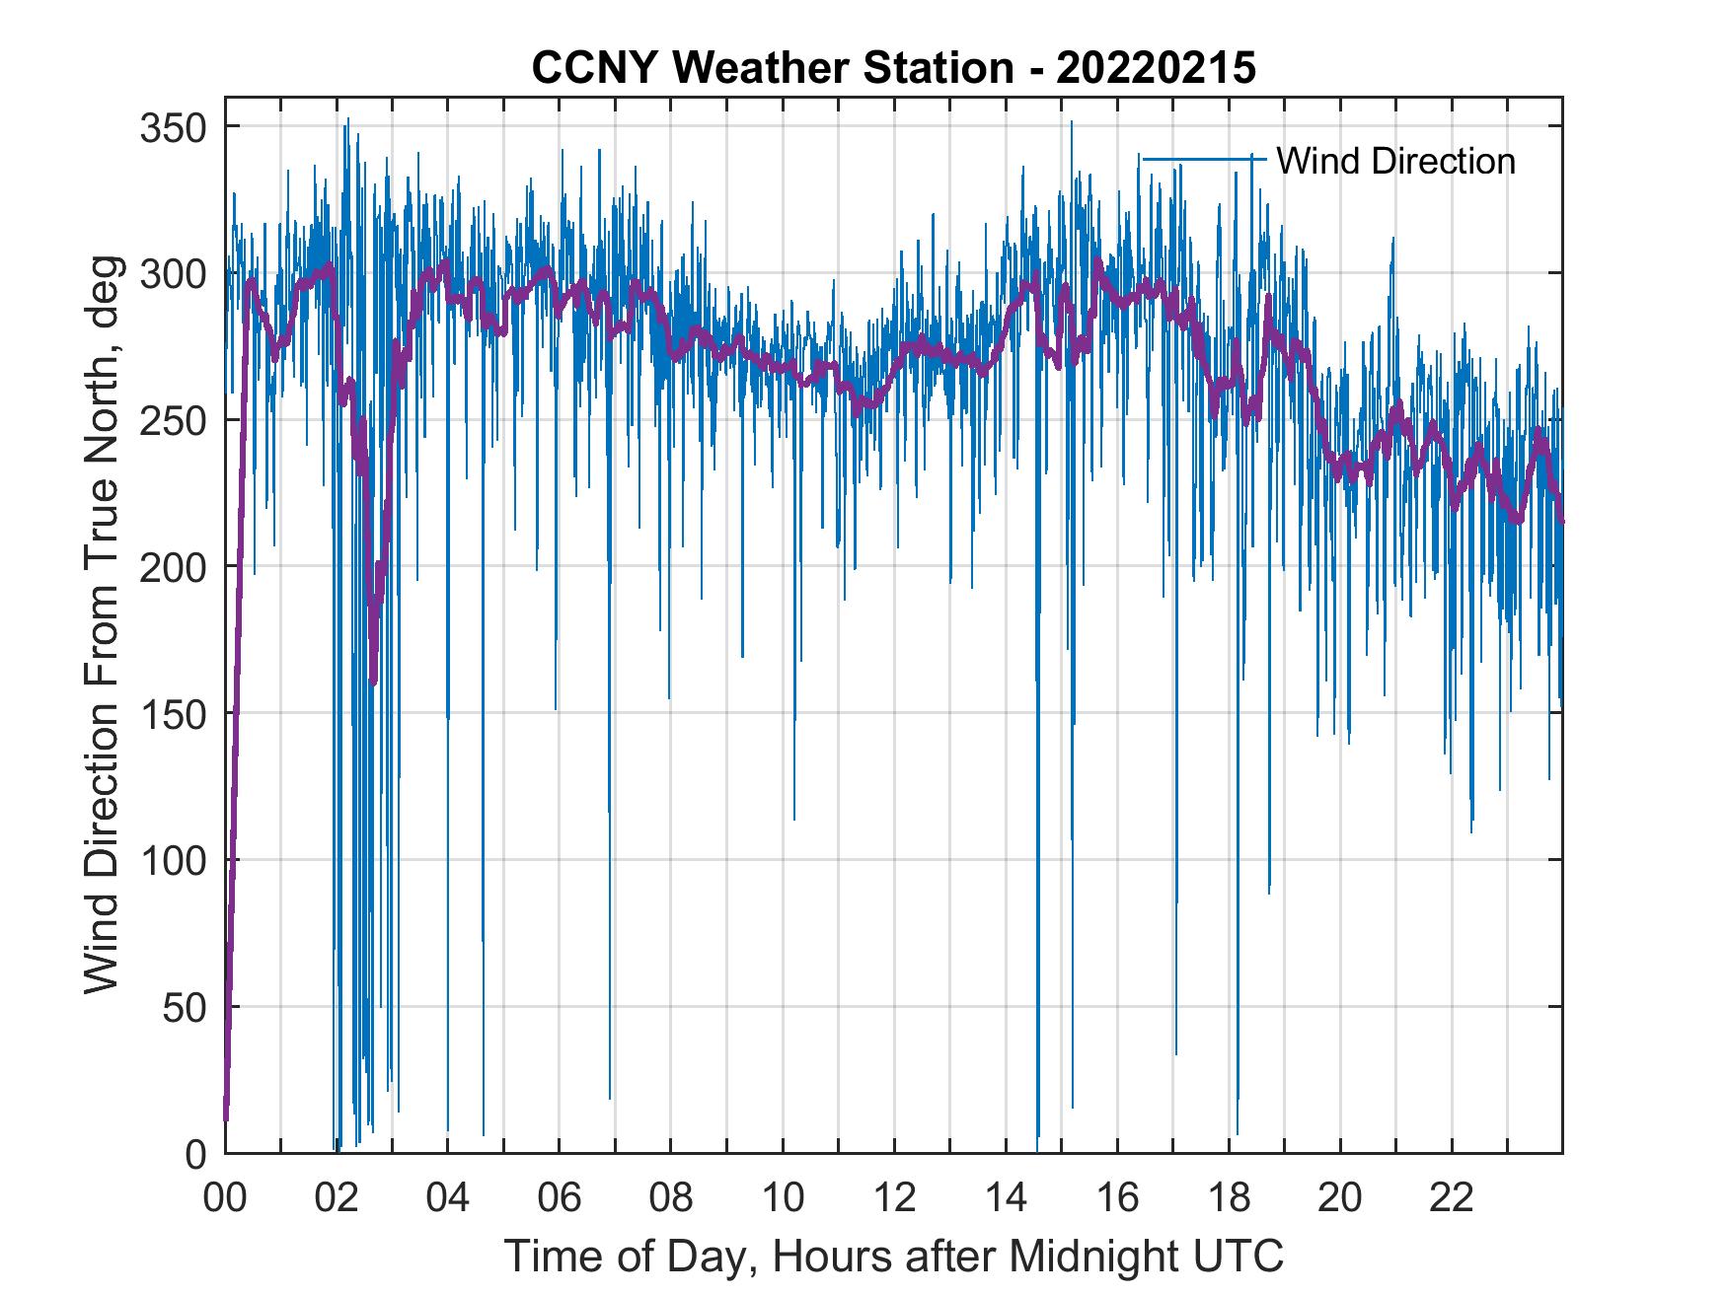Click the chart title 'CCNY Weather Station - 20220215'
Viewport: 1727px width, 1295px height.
893,68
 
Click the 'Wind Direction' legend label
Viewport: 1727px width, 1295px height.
1395,161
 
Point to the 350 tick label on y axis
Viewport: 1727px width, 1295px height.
173,127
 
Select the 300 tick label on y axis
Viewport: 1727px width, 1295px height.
173,273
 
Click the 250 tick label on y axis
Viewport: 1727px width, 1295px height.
173,420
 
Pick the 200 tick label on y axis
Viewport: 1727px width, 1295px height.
173,566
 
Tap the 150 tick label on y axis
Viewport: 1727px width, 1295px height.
173,713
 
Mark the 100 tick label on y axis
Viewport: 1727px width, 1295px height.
173,860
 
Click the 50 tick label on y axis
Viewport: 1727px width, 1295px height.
184,1007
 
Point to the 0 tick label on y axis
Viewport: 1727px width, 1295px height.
195,1153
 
